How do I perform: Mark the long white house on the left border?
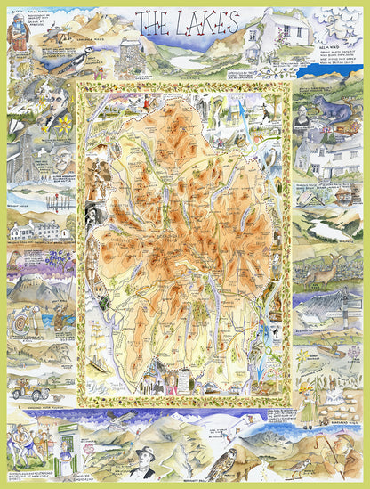(x=36, y=231)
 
